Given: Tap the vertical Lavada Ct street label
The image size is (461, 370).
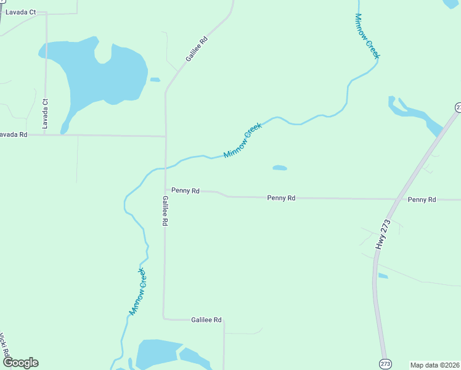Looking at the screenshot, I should pyautogui.click(x=44, y=114).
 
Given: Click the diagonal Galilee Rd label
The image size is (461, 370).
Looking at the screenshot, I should pyautogui.click(x=197, y=49).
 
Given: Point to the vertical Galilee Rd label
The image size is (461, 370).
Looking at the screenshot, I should pyautogui.click(x=165, y=211).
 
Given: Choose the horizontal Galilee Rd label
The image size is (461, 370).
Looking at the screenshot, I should pyautogui.click(x=206, y=320).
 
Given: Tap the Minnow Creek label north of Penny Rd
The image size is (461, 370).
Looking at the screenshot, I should pyautogui.click(x=243, y=140).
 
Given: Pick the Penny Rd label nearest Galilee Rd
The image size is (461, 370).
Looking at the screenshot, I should pyautogui.click(x=186, y=191).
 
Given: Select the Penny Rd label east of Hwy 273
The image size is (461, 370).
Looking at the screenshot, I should pyautogui.click(x=422, y=200).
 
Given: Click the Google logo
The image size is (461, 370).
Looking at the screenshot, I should pyautogui.click(x=20, y=363).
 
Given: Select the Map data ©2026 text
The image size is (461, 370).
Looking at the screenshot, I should pyautogui.click(x=434, y=365).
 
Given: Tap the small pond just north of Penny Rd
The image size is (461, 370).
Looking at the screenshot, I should pyautogui.click(x=280, y=167).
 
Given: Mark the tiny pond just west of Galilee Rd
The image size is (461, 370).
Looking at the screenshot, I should pyautogui.click(x=155, y=80).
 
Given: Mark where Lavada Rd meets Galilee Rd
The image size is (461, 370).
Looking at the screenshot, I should pyautogui.click(x=165, y=136).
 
